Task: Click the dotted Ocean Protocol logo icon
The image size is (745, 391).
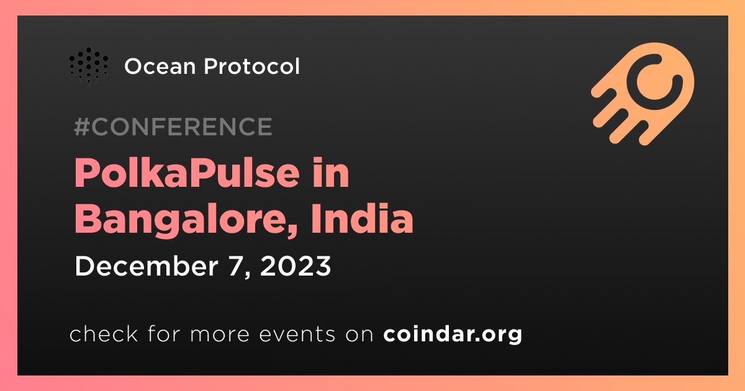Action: pyautogui.click(x=88, y=66)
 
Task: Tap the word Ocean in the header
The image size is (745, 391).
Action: pyautogui.click(x=160, y=66)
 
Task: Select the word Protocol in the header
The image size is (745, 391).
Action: pyautogui.click(x=252, y=66)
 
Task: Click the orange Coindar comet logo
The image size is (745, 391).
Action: pyautogui.click(x=643, y=94)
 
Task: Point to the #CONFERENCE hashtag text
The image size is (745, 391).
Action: pyautogui.click(x=173, y=127)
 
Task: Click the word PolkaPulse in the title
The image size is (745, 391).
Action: pyautogui.click(x=187, y=173)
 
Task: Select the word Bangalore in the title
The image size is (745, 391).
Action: pyautogui.click(x=181, y=220)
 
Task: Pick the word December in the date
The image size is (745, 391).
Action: pyautogui.click(x=147, y=266)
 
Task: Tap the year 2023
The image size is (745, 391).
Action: pyautogui.click(x=296, y=266)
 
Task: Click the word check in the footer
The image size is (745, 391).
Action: pyautogui.click(x=104, y=334)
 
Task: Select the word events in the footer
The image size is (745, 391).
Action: pyautogui.click(x=297, y=334)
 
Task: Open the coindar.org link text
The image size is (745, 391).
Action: pyautogui.click(x=453, y=334)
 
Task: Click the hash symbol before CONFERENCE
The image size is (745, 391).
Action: pyautogui.click(x=82, y=127)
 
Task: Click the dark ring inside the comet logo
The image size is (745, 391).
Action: pyautogui.click(x=654, y=81)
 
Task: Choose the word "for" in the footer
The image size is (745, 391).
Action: pyautogui.click(x=164, y=333)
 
